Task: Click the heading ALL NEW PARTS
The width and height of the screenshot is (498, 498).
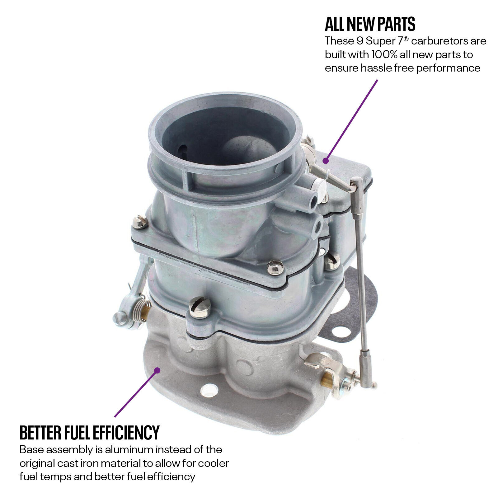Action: [370, 24]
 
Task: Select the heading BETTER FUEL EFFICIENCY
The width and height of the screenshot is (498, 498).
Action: [90, 432]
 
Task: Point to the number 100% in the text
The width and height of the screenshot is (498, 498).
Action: [386, 54]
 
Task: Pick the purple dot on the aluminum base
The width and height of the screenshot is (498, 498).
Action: [157, 370]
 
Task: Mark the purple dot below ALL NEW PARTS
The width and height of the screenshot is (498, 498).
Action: [326, 161]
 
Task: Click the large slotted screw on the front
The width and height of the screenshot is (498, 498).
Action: [200, 308]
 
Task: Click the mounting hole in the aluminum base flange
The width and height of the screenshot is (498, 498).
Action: [209, 390]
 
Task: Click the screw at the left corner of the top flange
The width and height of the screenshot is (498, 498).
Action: [140, 222]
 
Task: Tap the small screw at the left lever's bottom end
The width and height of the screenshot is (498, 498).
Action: [120, 318]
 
